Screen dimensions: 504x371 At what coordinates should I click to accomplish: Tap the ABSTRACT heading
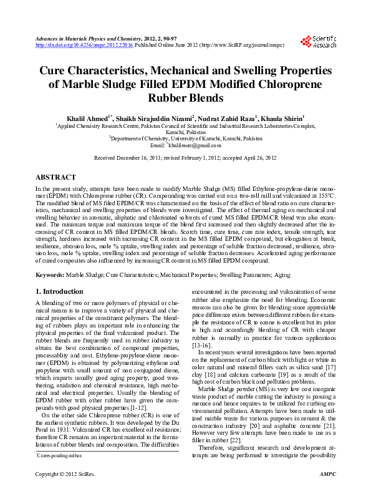56,177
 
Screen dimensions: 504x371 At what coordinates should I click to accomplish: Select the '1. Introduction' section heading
59,291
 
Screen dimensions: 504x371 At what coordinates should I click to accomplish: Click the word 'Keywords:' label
50,274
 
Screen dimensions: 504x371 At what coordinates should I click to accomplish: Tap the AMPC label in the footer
327,493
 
